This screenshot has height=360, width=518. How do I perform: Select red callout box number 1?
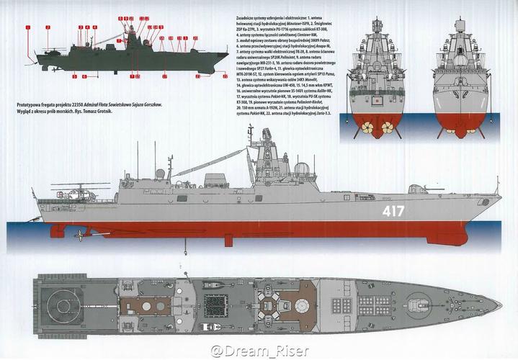coord(27,27)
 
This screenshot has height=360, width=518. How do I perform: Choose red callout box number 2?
coord(47,27)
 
